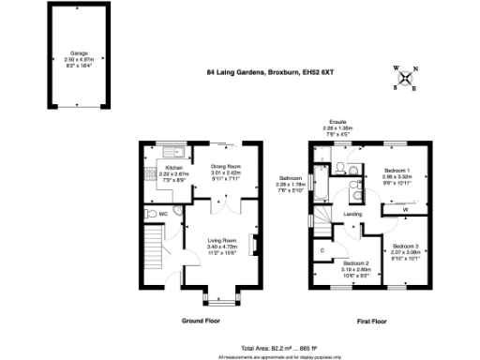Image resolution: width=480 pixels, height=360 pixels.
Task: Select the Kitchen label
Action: [x=161, y=170]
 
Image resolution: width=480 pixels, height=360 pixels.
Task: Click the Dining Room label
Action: [x=226, y=170]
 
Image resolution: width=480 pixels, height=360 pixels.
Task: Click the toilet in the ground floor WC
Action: [x=149, y=215]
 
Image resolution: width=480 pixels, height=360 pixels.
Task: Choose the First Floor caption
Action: [x=372, y=321]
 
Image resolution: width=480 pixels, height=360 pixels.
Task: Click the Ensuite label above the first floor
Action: [x=337, y=123]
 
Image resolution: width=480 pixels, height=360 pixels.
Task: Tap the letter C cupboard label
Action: [x=322, y=249]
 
